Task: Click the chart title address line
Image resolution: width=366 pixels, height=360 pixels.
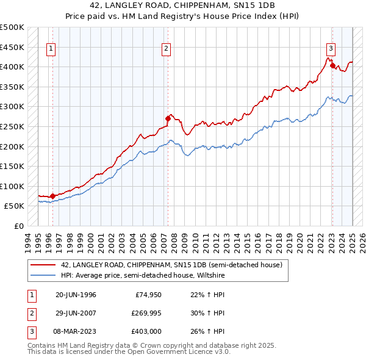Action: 182,5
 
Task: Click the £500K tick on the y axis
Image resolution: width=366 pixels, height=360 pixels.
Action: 12,27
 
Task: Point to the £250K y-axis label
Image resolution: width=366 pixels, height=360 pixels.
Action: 12,126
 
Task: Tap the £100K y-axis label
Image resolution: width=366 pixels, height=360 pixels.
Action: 12,186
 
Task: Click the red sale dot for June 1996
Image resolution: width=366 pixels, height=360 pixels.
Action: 52,196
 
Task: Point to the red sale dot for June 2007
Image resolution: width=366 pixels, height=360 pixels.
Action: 168,118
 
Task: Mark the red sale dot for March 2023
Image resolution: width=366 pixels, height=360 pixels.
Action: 332,65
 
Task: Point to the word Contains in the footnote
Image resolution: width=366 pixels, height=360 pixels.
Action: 42,346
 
